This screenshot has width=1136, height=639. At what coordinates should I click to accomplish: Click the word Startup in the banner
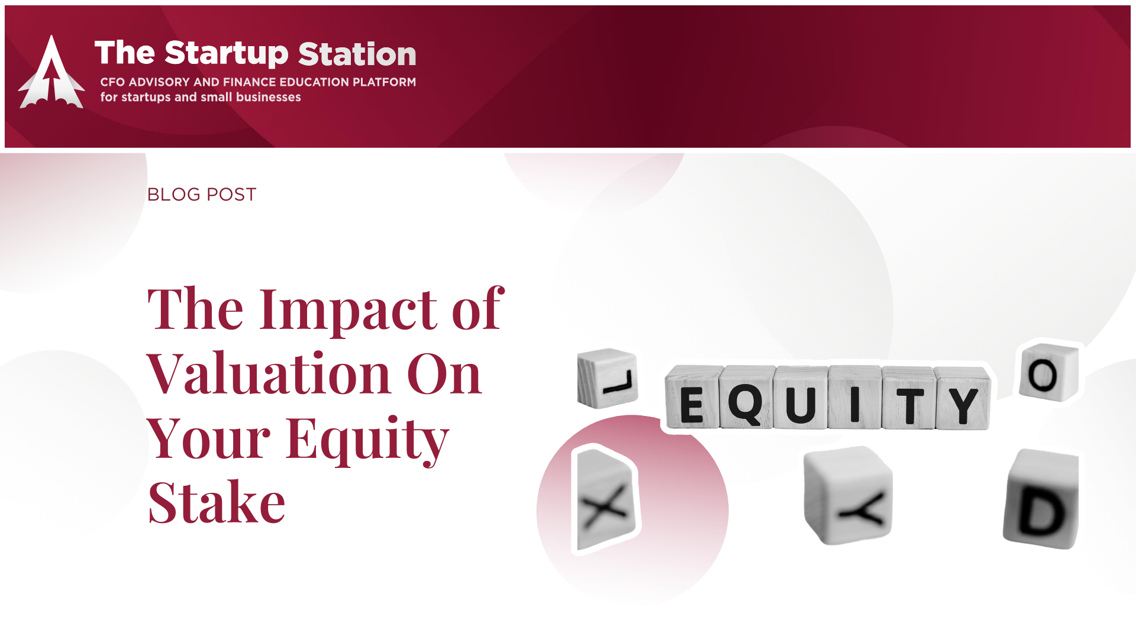tap(227, 54)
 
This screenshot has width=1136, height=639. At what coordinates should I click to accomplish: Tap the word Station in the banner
tap(357, 54)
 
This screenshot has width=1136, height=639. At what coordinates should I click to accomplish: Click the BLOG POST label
tap(202, 195)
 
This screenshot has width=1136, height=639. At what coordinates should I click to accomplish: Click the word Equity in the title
tap(367, 440)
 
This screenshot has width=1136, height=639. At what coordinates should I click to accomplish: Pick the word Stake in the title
tap(217, 502)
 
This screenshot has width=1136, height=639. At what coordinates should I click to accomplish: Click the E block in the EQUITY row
tap(693, 398)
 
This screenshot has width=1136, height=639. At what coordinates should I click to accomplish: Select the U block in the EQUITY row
tap(801, 397)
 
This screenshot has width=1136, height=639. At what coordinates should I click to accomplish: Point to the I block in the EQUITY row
tap(855, 397)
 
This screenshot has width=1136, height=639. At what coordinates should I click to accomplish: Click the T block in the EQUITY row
tap(909, 398)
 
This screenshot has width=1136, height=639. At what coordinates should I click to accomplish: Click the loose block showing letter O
tap(1049, 372)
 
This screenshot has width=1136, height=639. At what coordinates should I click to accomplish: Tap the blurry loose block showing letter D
tap(1041, 499)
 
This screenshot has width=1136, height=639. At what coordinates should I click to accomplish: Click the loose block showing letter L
tap(608, 378)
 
